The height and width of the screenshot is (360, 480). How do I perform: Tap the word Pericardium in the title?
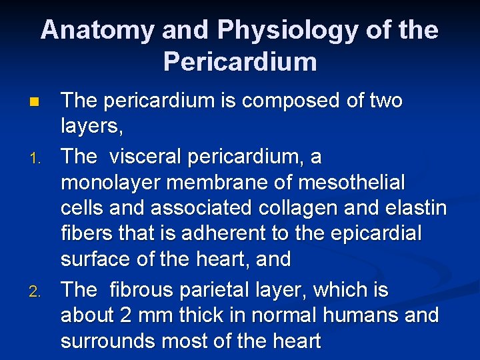(239, 62)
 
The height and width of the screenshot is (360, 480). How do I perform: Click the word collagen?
(298, 208)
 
